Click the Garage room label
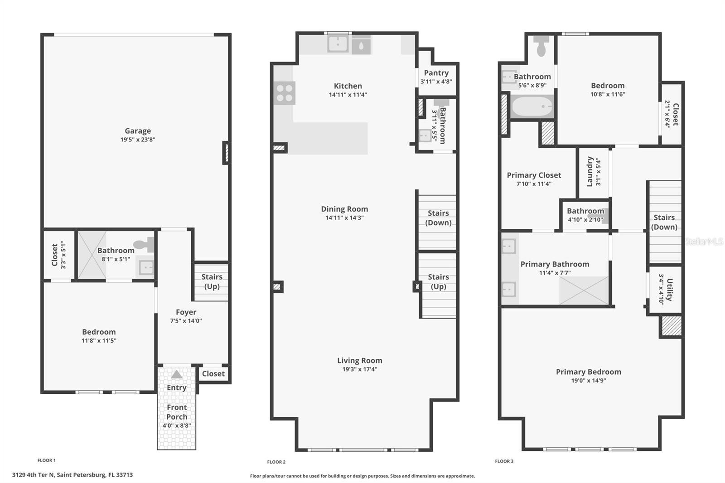138,131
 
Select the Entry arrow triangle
177,375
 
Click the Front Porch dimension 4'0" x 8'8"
177,425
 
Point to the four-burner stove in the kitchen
285,93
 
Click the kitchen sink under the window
338,44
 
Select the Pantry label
436,73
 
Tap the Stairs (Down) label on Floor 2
438,218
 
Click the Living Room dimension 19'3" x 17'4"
360,369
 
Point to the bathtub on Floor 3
532,107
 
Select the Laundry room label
590,172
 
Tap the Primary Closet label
534,175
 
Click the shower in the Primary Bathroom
584,290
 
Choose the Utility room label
670,290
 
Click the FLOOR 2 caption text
276,462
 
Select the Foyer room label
186,312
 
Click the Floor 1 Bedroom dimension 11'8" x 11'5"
99,341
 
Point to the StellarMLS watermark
704,241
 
